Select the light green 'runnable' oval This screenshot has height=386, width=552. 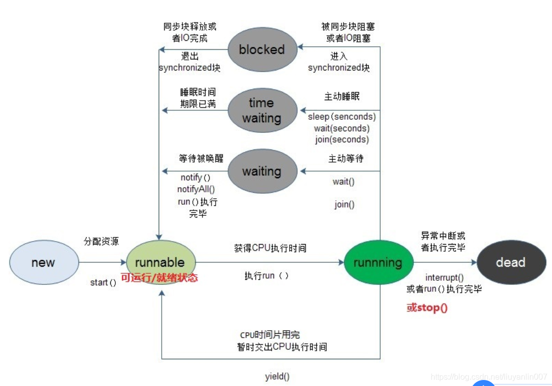[x=160, y=262]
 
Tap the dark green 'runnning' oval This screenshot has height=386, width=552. [x=378, y=263]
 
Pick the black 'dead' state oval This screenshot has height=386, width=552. [x=510, y=262]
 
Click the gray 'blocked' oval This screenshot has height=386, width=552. [x=261, y=49]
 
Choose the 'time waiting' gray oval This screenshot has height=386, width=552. [x=261, y=110]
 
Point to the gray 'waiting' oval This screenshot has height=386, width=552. [x=261, y=171]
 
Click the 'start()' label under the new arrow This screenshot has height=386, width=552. [x=103, y=282]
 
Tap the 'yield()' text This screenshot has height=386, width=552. [x=277, y=376]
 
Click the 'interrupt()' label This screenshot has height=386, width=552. [x=444, y=277]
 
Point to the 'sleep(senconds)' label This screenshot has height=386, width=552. [x=342, y=117]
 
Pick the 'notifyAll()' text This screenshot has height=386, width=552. [x=196, y=189]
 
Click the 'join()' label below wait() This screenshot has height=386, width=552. [x=344, y=205]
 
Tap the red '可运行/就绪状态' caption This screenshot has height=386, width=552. [x=159, y=277]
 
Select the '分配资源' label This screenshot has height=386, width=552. [x=101, y=241]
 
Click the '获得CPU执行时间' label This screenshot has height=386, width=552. [x=270, y=248]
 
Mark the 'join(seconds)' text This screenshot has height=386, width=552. [x=342, y=139]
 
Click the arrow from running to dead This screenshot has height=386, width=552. [x=443, y=262]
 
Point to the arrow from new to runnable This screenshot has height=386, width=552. [x=103, y=262]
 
